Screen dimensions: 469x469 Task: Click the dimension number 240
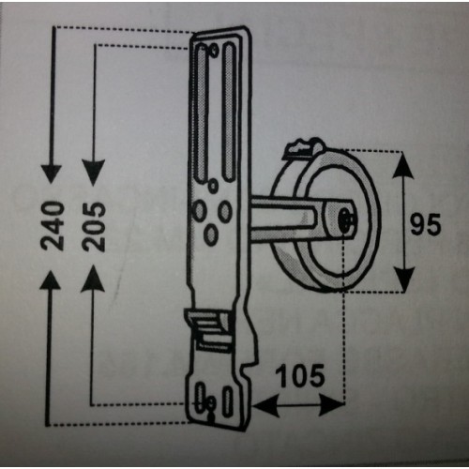tap(53, 225)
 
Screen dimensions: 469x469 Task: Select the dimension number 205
tap(94, 227)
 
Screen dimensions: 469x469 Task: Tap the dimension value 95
tap(426, 224)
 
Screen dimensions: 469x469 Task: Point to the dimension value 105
tap(301, 375)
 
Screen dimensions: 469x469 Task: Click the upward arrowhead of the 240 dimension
tap(51, 280)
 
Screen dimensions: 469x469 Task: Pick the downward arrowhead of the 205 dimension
tap(93, 173)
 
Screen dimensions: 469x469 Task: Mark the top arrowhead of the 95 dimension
tap(403, 165)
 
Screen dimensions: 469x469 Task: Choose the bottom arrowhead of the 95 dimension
tap(404, 280)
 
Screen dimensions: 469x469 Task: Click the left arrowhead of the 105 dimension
tap(265, 405)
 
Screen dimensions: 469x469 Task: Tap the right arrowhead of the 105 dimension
tap(331, 405)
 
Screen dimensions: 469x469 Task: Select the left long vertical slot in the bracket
tap(202, 114)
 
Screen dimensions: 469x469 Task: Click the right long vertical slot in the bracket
tap(229, 112)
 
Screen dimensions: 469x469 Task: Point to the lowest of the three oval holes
tap(211, 234)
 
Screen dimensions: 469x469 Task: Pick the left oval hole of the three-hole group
tap(199, 211)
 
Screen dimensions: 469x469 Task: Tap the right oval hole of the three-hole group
tap(225, 211)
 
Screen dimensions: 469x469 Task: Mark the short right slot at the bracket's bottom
tap(228, 401)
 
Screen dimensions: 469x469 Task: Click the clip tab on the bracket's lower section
tap(208, 329)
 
